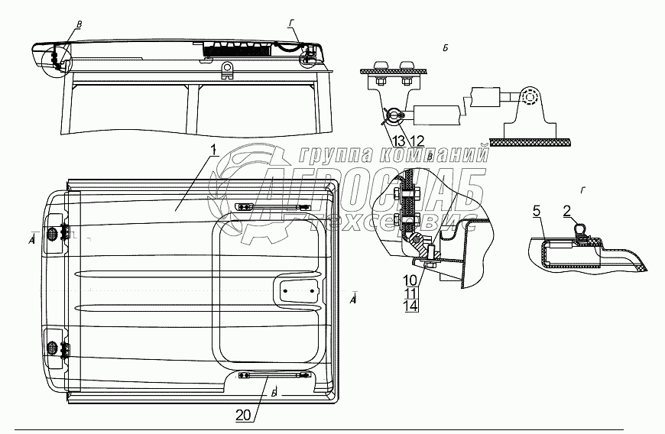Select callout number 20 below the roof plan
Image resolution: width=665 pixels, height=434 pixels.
pos(244,414)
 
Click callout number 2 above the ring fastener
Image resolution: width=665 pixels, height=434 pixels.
pos(568,210)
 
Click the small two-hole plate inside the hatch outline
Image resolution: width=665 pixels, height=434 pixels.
pos(298,289)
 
